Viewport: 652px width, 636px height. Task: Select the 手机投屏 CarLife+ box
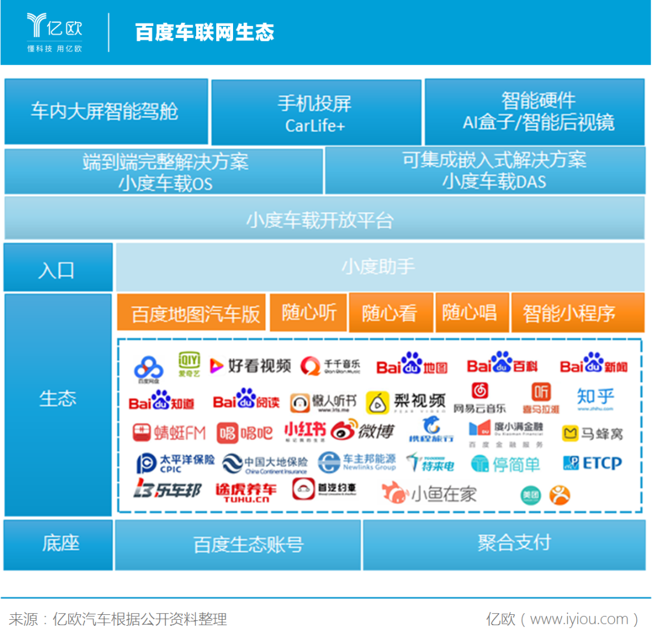tap(316, 113)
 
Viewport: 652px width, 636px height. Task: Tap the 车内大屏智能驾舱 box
tap(106, 112)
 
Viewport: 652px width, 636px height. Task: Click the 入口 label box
tap(58, 269)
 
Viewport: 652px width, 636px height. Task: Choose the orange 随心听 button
tap(309, 312)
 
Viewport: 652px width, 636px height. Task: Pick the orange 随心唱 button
tap(470, 312)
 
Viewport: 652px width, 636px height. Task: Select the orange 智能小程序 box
tap(569, 313)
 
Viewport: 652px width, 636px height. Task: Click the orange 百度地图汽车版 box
tap(192, 313)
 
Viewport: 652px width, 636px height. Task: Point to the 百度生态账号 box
tap(238, 544)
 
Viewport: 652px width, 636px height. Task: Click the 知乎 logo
tap(595, 398)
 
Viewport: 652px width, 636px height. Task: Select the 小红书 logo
tap(305, 431)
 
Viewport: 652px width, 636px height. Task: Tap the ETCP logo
tap(592, 463)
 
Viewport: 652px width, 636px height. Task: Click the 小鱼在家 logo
tap(429, 494)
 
